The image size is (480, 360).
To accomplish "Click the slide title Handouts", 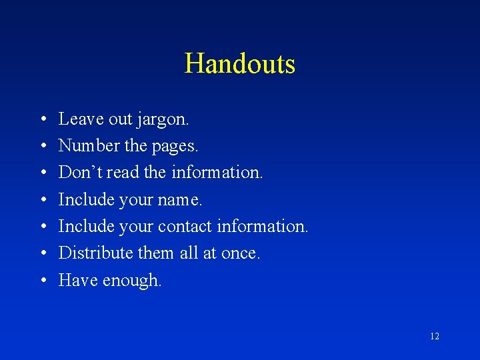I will pos(240,64).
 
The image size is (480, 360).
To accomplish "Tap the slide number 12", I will pos(435,337).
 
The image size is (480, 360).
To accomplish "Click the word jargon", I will pos(163,120).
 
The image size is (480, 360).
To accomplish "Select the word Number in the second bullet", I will pos(82,145).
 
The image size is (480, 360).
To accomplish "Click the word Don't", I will pos(79,172).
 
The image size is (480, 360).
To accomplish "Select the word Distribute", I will pos(95,253).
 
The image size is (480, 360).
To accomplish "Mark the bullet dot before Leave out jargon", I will pos(42,119).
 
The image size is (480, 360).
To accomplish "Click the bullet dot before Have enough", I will pos(42,281).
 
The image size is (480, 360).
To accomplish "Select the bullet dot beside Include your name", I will pos(42,200).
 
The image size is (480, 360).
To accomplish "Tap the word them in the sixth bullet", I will pos(157,253).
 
